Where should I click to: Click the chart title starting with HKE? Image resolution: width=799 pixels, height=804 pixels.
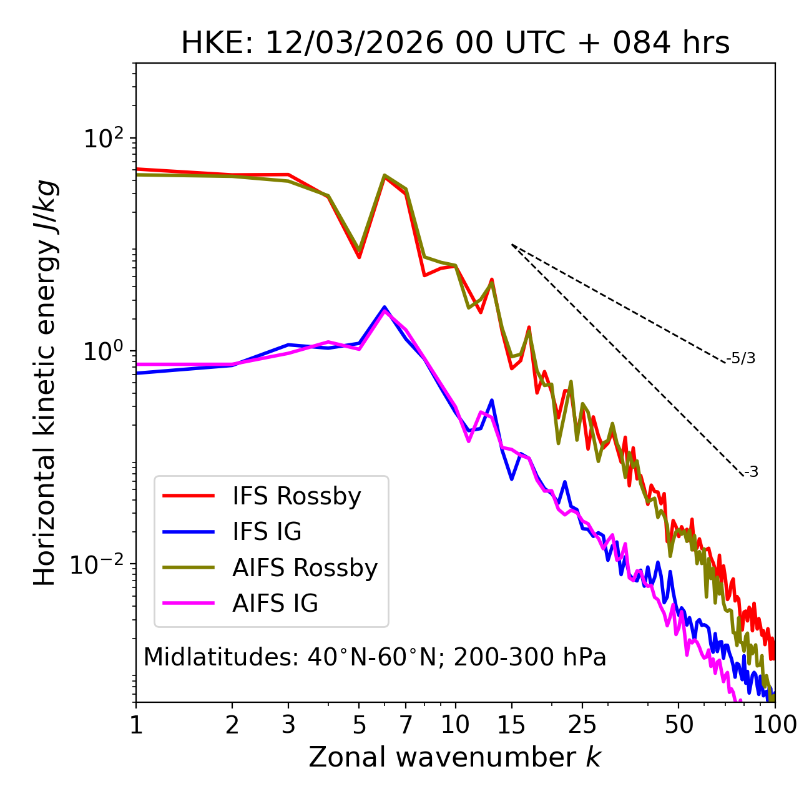pos(455,44)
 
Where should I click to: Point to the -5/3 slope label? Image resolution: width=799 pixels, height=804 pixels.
pos(741,359)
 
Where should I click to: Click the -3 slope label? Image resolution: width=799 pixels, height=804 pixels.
pos(751,473)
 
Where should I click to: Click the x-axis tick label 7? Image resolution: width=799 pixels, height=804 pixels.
pos(406,725)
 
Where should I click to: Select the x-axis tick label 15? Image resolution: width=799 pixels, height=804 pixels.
pos(511,725)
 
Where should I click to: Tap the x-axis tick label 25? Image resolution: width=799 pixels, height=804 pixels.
pos(582,725)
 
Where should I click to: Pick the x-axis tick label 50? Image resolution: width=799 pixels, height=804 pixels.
pos(679,725)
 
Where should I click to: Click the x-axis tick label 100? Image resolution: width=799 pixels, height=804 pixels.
pos(775,725)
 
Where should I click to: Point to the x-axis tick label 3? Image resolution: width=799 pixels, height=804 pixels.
pos(288,725)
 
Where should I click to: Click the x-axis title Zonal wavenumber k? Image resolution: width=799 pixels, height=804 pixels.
pos(455,758)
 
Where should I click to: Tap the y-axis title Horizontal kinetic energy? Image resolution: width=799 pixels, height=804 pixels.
pos(46,383)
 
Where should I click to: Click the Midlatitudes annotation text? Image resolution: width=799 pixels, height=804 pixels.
pos(375,657)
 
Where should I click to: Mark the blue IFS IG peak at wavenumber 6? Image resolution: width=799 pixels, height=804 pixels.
pos(385,306)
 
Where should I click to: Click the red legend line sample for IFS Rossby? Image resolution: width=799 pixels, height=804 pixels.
pos(189,496)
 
